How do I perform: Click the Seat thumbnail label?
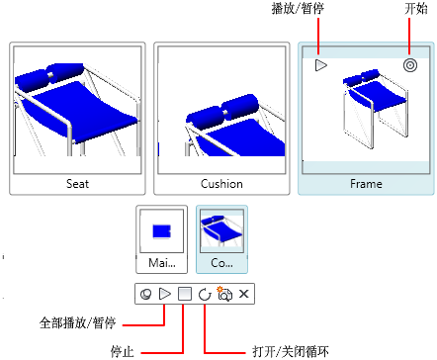click(77, 184)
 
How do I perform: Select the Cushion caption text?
click(221, 184)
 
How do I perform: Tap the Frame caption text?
click(366, 184)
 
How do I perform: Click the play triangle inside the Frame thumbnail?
click(320, 65)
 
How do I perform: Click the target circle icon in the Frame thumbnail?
click(410, 65)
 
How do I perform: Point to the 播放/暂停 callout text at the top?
click(298, 8)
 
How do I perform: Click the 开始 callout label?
click(416, 8)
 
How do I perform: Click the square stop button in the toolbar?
click(185, 294)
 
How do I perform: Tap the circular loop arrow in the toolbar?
click(205, 294)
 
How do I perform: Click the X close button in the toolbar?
click(243, 294)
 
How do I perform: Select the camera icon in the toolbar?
click(224, 294)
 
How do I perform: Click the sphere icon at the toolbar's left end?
click(146, 294)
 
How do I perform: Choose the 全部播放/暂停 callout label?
click(77, 322)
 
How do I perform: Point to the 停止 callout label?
click(123, 351)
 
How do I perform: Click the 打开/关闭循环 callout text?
click(291, 351)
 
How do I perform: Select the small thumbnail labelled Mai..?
click(162, 239)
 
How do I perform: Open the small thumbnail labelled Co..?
click(221, 239)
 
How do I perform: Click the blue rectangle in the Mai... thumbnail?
click(161, 231)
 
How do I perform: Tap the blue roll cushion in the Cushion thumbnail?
click(222, 113)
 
